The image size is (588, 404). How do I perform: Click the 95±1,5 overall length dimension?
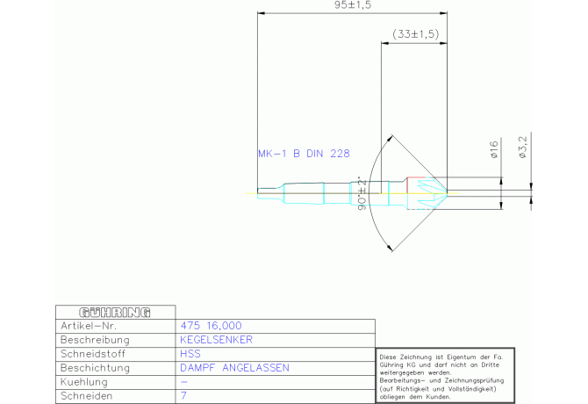click(x=353, y=5)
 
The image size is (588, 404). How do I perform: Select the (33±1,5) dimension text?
click(x=415, y=34)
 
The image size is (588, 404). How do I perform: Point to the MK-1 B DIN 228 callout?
click(x=304, y=154)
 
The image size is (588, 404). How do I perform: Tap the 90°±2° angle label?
click(x=362, y=193)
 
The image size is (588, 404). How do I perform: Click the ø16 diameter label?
click(x=494, y=149)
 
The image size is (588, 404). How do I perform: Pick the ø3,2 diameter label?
click(x=522, y=147)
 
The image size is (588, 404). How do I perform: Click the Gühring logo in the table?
click(x=115, y=313)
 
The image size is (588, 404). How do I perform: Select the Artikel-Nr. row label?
click(x=89, y=326)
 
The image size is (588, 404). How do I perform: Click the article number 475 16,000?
click(x=212, y=326)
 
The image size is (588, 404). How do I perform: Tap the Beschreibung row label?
click(x=95, y=340)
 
